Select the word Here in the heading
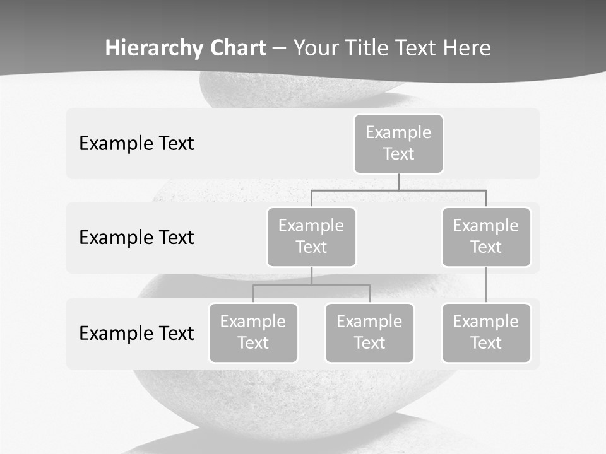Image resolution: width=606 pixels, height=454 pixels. click(x=466, y=48)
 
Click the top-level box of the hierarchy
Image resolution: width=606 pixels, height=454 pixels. click(x=398, y=143)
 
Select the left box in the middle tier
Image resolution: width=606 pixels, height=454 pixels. click(x=311, y=236)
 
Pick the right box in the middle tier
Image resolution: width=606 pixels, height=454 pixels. click(x=486, y=236)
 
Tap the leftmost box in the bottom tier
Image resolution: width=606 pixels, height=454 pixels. click(x=253, y=332)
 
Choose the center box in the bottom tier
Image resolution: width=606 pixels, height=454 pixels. click(x=369, y=332)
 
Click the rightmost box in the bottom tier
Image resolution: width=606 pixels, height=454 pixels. click(x=486, y=332)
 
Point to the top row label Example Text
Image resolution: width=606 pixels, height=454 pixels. click(x=136, y=143)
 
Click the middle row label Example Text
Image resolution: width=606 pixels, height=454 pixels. click(x=136, y=237)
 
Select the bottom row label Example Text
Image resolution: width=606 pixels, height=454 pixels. click(x=136, y=333)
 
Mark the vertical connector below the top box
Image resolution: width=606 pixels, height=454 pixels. click(x=398, y=182)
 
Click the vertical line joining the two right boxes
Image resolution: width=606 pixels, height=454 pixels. click(x=486, y=285)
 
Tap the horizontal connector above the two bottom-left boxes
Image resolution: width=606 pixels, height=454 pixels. click(x=311, y=285)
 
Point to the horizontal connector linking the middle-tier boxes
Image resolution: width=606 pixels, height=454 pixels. click(x=398, y=190)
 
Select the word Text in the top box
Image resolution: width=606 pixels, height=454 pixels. click(x=398, y=154)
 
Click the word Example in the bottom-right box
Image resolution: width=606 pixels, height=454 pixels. click(x=486, y=322)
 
